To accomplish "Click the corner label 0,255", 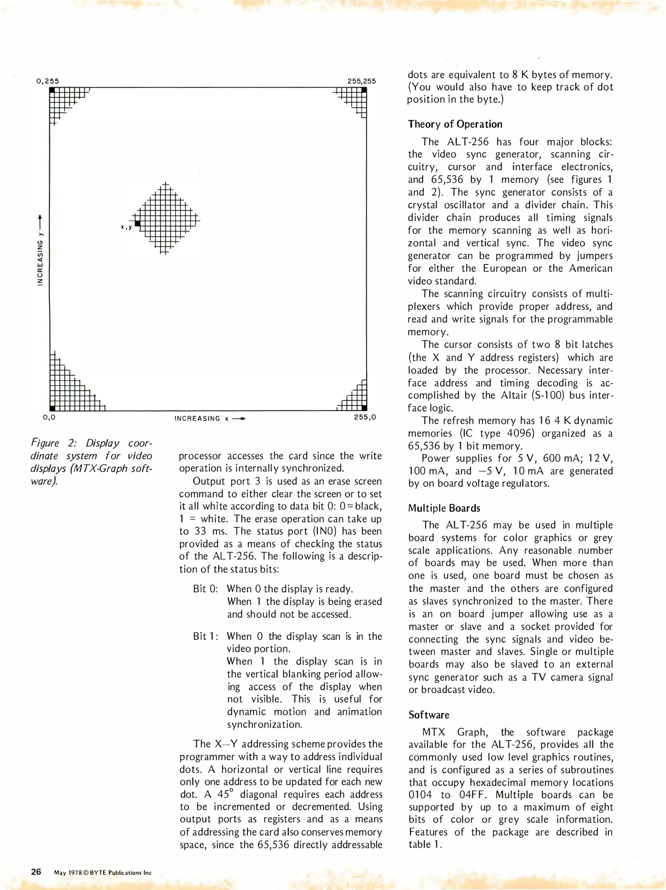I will [48, 81].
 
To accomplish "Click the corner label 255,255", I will [361, 81].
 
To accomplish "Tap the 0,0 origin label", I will [49, 417].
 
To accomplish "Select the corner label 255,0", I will [365, 417].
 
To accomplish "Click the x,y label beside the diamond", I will [126, 227].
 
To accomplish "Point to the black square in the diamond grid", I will [138, 224].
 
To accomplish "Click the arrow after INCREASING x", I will [239, 419].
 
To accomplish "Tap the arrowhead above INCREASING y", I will [40, 217].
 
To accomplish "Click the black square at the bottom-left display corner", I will [52, 408].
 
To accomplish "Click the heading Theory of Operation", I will [455, 124].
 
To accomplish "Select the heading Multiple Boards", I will [444, 508].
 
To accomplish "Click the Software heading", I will [429, 715].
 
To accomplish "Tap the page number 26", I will [36, 871].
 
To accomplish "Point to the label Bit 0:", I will [205, 589].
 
